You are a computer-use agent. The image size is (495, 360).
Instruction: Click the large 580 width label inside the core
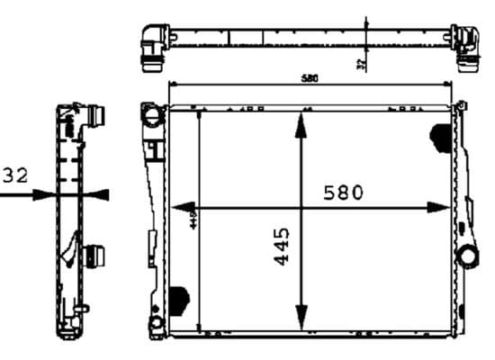point(342,192)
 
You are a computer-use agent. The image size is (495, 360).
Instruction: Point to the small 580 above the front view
point(309,79)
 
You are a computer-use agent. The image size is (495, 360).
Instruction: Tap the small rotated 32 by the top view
point(360,65)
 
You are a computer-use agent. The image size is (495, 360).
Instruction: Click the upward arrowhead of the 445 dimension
point(301,125)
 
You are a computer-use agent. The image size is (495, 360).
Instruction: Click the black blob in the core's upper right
point(442,136)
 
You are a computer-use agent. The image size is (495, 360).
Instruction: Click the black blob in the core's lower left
point(179,297)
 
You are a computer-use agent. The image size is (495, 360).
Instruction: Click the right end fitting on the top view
point(467,46)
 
